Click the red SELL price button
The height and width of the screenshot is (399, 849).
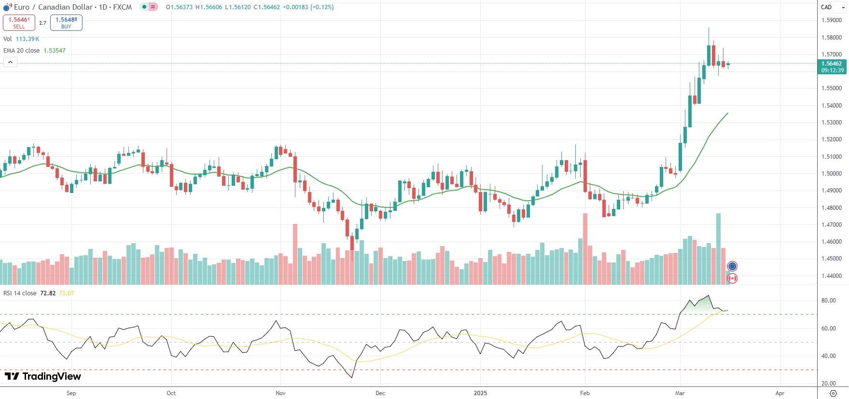[x=19, y=23]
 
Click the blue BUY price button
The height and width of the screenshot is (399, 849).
[x=66, y=23]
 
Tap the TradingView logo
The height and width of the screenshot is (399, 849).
[x=43, y=376]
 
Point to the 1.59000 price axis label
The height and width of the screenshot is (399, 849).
[x=832, y=20]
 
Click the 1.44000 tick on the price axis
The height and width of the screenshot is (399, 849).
[x=832, y=276]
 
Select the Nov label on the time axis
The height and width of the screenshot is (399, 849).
[x=280, y=393]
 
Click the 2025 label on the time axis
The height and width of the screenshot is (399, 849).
[x=480, y=393]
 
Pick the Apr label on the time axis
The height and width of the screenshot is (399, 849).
[x=780, y=393]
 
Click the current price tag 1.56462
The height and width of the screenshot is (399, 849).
[x=832, y=64]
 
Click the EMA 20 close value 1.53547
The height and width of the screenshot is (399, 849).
[x=55, y=51]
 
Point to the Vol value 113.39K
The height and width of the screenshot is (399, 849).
[x=28, y=39]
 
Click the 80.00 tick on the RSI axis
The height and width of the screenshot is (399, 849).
[x=828, y=301]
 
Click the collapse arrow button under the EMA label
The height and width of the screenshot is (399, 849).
[x=10, y=62]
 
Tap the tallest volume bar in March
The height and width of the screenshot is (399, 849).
[x=718, y=248]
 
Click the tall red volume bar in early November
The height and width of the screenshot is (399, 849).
[x=295, y=254]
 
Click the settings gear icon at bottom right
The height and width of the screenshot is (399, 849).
[x=833, y=393]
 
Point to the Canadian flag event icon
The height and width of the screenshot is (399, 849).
[x=732, y=278]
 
